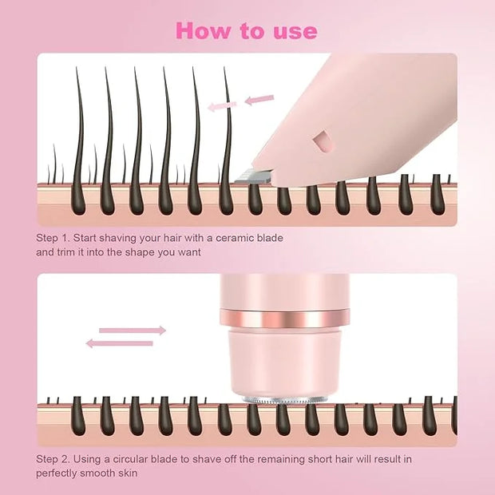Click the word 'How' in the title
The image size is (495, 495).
203,30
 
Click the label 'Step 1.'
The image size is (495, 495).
53,238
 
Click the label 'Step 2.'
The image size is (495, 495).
53,459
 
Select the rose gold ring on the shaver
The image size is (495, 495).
285,319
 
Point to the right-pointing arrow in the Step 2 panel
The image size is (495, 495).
133,331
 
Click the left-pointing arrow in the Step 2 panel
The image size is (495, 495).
120,343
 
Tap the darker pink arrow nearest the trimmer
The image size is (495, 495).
259,100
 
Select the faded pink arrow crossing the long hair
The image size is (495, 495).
222,106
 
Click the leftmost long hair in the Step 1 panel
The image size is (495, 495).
79,141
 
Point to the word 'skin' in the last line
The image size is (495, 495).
129,473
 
